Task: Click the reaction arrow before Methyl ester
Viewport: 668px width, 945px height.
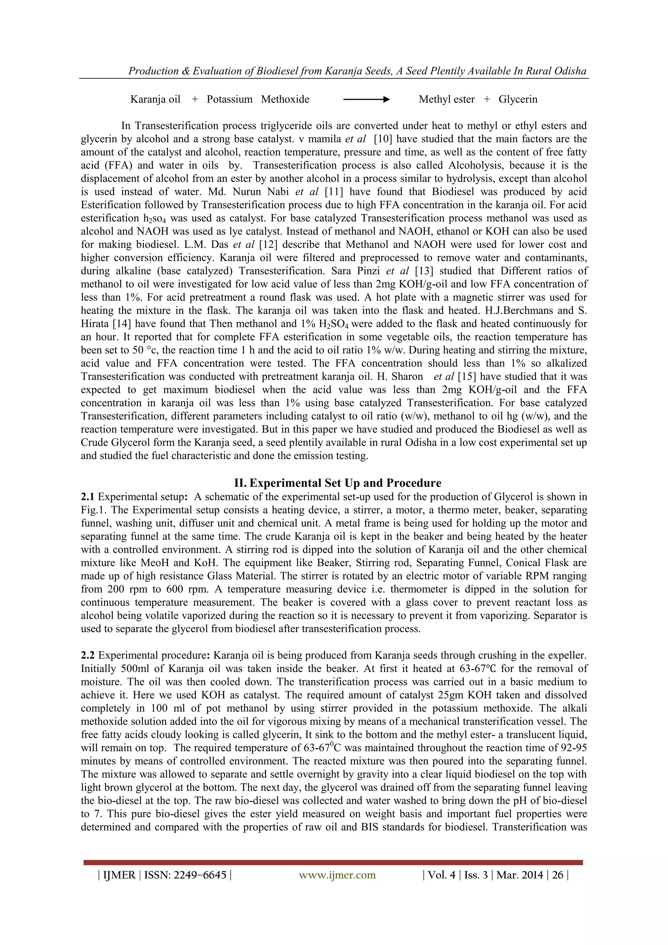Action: coord(366,99)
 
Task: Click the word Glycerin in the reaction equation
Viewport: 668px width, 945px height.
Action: coord(518,99)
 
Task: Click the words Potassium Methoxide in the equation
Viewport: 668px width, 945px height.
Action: coord(258,99)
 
